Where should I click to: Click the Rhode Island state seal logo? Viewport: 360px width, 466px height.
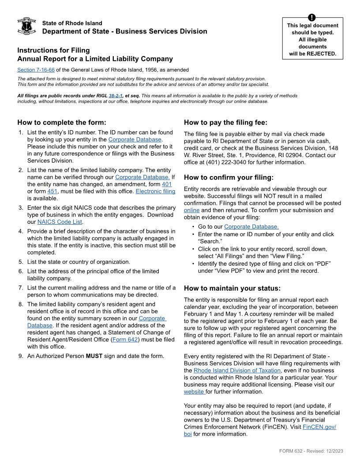26,26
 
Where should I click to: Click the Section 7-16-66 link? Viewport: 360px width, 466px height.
36,70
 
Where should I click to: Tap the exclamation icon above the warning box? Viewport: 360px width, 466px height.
312,17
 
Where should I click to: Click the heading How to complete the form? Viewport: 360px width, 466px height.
62,122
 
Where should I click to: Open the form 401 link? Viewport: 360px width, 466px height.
167,184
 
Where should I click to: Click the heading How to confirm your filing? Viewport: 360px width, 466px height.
229,177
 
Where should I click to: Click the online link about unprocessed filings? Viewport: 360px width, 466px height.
191,210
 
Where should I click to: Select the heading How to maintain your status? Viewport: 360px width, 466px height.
232,288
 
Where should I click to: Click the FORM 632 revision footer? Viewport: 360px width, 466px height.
311,451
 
